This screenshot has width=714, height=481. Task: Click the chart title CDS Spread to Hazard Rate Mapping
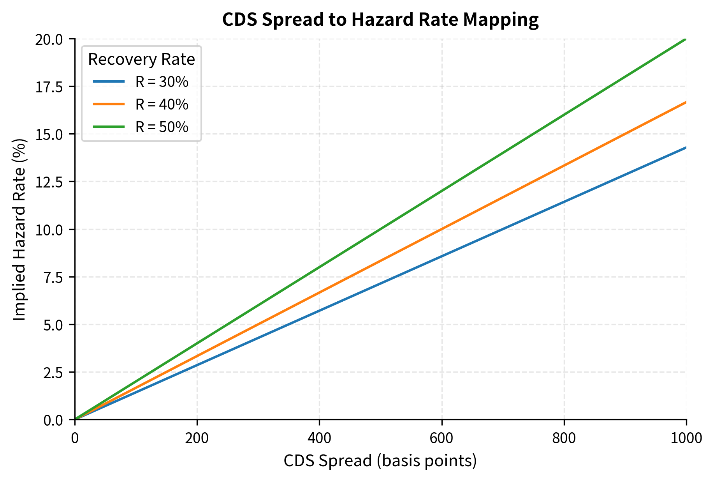point(380,19)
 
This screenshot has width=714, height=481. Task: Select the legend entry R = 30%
point(162,82)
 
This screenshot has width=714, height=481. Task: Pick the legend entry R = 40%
point(162,104)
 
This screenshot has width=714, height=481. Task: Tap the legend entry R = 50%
point(162,127)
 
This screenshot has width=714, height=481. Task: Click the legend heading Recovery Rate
point(141,60)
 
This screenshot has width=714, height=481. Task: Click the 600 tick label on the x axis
point(442,438)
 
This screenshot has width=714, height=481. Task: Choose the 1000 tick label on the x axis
point(686,438)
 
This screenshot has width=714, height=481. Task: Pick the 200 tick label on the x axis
point(197,438)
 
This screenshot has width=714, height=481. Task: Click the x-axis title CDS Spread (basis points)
point(380,461)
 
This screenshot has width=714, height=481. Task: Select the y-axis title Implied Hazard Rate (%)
point(19,229)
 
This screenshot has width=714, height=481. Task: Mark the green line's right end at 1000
point(686,39)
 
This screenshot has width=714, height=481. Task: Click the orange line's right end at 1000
point(686,102)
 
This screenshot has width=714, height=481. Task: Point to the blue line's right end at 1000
point(686,147)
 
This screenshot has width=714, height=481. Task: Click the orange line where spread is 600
point(442,229)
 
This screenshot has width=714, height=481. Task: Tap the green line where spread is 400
point(319,267)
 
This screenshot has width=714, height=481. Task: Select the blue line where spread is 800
point(564,202)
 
